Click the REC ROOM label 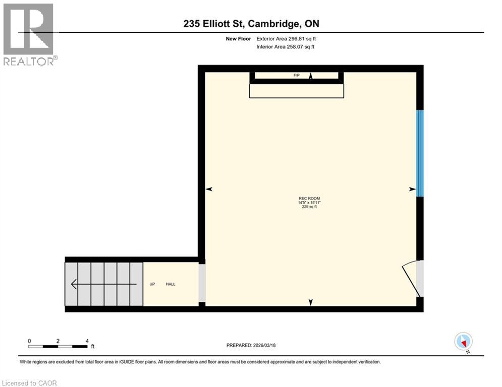[309, 198]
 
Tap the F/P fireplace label [296, 76]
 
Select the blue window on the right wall [420, 153]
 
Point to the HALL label [171, 284]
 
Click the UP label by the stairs [152, 284]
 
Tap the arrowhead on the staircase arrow [74, 285]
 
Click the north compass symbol [463, 341]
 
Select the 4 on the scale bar [87, 341]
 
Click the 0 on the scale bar [30, 341]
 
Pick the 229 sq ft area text [309, 206]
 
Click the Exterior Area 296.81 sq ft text [286, 38]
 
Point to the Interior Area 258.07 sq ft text [286, 47]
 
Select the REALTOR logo [30, 34]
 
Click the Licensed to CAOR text [30, 383]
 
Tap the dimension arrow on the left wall [209, 189]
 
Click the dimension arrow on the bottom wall [311, 302]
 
